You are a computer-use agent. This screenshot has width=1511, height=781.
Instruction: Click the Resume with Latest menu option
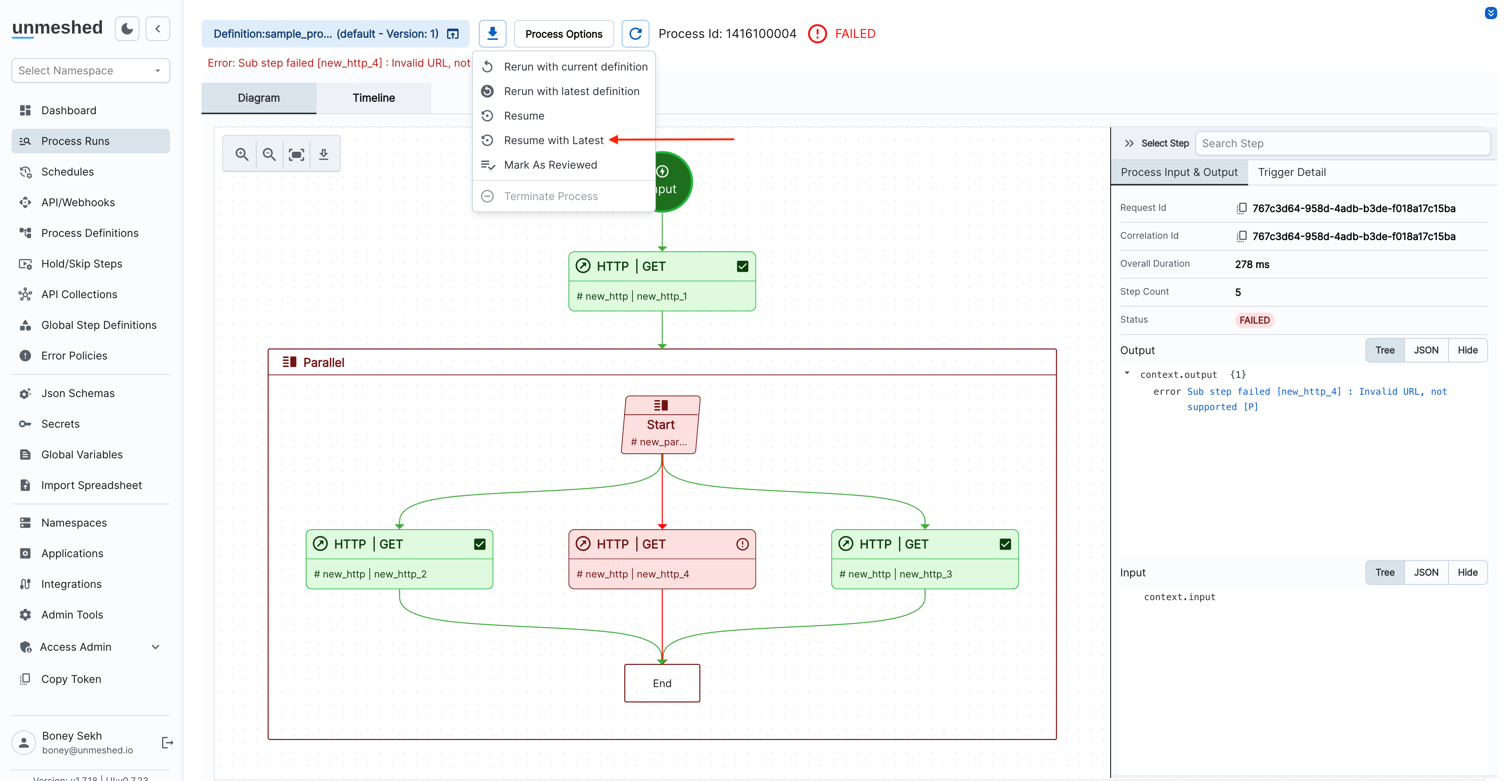(553, 140)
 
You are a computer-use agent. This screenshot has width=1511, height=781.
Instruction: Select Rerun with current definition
(575, 67)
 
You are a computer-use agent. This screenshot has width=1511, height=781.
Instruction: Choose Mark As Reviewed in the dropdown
(550, 165)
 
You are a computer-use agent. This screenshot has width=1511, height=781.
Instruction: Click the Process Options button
(563, 34)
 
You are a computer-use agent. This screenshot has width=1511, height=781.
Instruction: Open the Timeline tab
(373, 98)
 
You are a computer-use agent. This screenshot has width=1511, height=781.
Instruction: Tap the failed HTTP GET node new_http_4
(661, 559)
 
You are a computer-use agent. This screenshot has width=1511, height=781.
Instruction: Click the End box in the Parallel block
(661, 683)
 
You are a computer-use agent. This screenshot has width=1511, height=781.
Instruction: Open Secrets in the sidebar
(61, 424)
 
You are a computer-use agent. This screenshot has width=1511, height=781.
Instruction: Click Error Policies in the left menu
(74, 356)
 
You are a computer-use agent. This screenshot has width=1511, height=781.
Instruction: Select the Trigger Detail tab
(1291, 172)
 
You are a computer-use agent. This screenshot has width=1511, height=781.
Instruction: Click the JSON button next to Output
(1425, 350)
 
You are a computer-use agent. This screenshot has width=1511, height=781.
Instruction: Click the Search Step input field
(1342, 143)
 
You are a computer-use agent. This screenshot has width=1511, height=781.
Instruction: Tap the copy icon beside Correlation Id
(1241, 236)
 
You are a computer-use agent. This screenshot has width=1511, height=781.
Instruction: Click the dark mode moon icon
(127, 29)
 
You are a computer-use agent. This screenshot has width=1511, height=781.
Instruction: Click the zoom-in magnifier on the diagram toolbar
(242, 154)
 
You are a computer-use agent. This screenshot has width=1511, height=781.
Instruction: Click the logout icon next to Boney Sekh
(167, 742)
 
